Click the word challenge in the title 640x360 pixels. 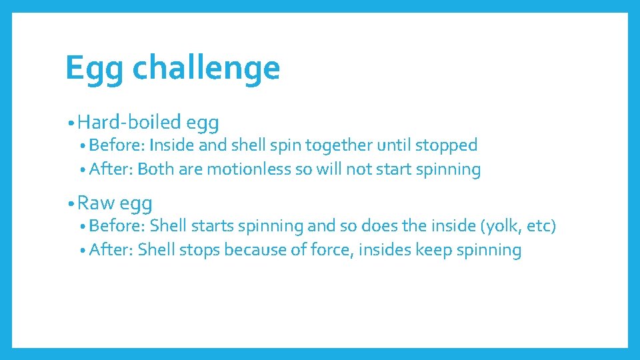pyautogui.click(x=206, y=68)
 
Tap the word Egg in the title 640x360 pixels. pyautogui.click(x=94, y=69)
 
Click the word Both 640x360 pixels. pyautogui.click(x=155, y=169)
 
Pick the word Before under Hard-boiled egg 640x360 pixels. pyautogui.click(x=117, y=145)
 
